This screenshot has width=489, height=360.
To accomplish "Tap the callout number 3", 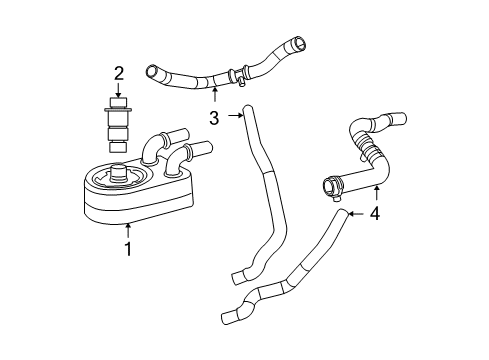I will [x=214, y=117].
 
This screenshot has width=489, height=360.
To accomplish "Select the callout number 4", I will [x=376, y=213].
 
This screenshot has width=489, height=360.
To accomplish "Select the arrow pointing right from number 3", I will [x=235, y=116].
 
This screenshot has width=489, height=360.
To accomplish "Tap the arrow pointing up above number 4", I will [x=376, y=193].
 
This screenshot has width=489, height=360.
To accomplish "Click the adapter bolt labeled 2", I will [x=119, y=125].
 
